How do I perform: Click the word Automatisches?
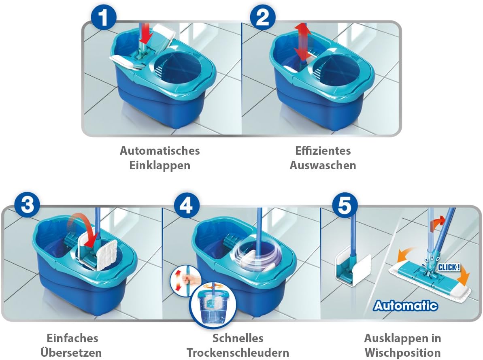coord(160,151)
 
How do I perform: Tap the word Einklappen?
coord(160,165)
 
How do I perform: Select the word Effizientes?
coord(323,151)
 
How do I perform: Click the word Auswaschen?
coord(323,165)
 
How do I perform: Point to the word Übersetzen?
coord(73,352)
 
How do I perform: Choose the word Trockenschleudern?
coord(238,352)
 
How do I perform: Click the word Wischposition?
coord(402,352)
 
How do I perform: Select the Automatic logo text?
coord(406,305)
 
